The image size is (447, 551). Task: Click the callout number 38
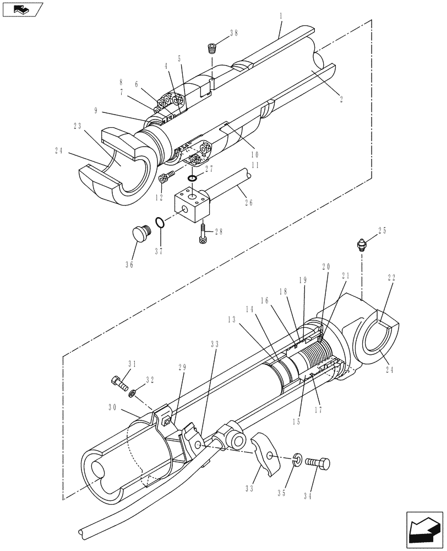pyautogui.click(x=234, y=33)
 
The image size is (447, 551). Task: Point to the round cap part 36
pyautogui.click(x=143, y=234)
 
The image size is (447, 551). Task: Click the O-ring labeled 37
pyautogui.click(x=159, y=223)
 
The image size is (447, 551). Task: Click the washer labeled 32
pyautogui.click(x=132, y=393)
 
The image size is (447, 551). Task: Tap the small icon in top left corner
pyautogui.click(x=21, y=9)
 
